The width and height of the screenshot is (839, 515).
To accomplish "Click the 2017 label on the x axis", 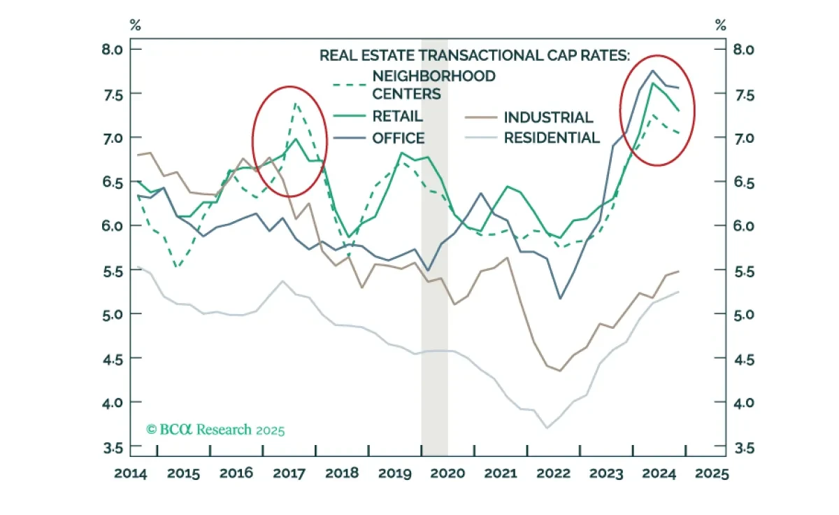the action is point(289,474).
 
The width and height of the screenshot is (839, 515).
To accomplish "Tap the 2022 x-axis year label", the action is point(553,474).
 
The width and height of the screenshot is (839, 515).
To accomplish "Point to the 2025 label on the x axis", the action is point(712,474).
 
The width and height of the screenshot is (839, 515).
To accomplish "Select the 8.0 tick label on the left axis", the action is point(113,49).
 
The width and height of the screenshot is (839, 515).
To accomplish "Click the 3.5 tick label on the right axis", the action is point(744,448).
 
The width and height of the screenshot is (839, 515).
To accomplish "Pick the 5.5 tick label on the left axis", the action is point(113,271).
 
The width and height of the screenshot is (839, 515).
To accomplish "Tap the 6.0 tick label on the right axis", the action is point(744,226).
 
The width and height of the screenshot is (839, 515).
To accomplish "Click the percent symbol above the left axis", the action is point(135,25).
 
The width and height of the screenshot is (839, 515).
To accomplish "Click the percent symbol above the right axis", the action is point(720,25).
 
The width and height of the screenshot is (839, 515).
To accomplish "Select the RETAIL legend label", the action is point(397,116).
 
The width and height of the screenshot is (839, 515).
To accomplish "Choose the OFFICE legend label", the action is point(398,139).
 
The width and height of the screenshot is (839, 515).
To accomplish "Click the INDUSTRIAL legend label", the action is point(548,118).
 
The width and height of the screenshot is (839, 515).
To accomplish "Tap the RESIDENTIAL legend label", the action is point(552,138).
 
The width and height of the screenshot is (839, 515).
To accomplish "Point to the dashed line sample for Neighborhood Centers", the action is point(349,85).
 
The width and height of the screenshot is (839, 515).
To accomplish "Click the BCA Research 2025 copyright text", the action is point(215,430).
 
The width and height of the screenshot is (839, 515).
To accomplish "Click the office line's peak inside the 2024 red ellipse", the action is point(652,70).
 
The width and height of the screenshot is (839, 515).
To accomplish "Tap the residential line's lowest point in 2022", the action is point(547,428).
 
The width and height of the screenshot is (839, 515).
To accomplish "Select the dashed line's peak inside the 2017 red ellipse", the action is point(296,103).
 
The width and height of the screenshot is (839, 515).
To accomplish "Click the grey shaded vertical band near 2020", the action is point(434,248).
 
